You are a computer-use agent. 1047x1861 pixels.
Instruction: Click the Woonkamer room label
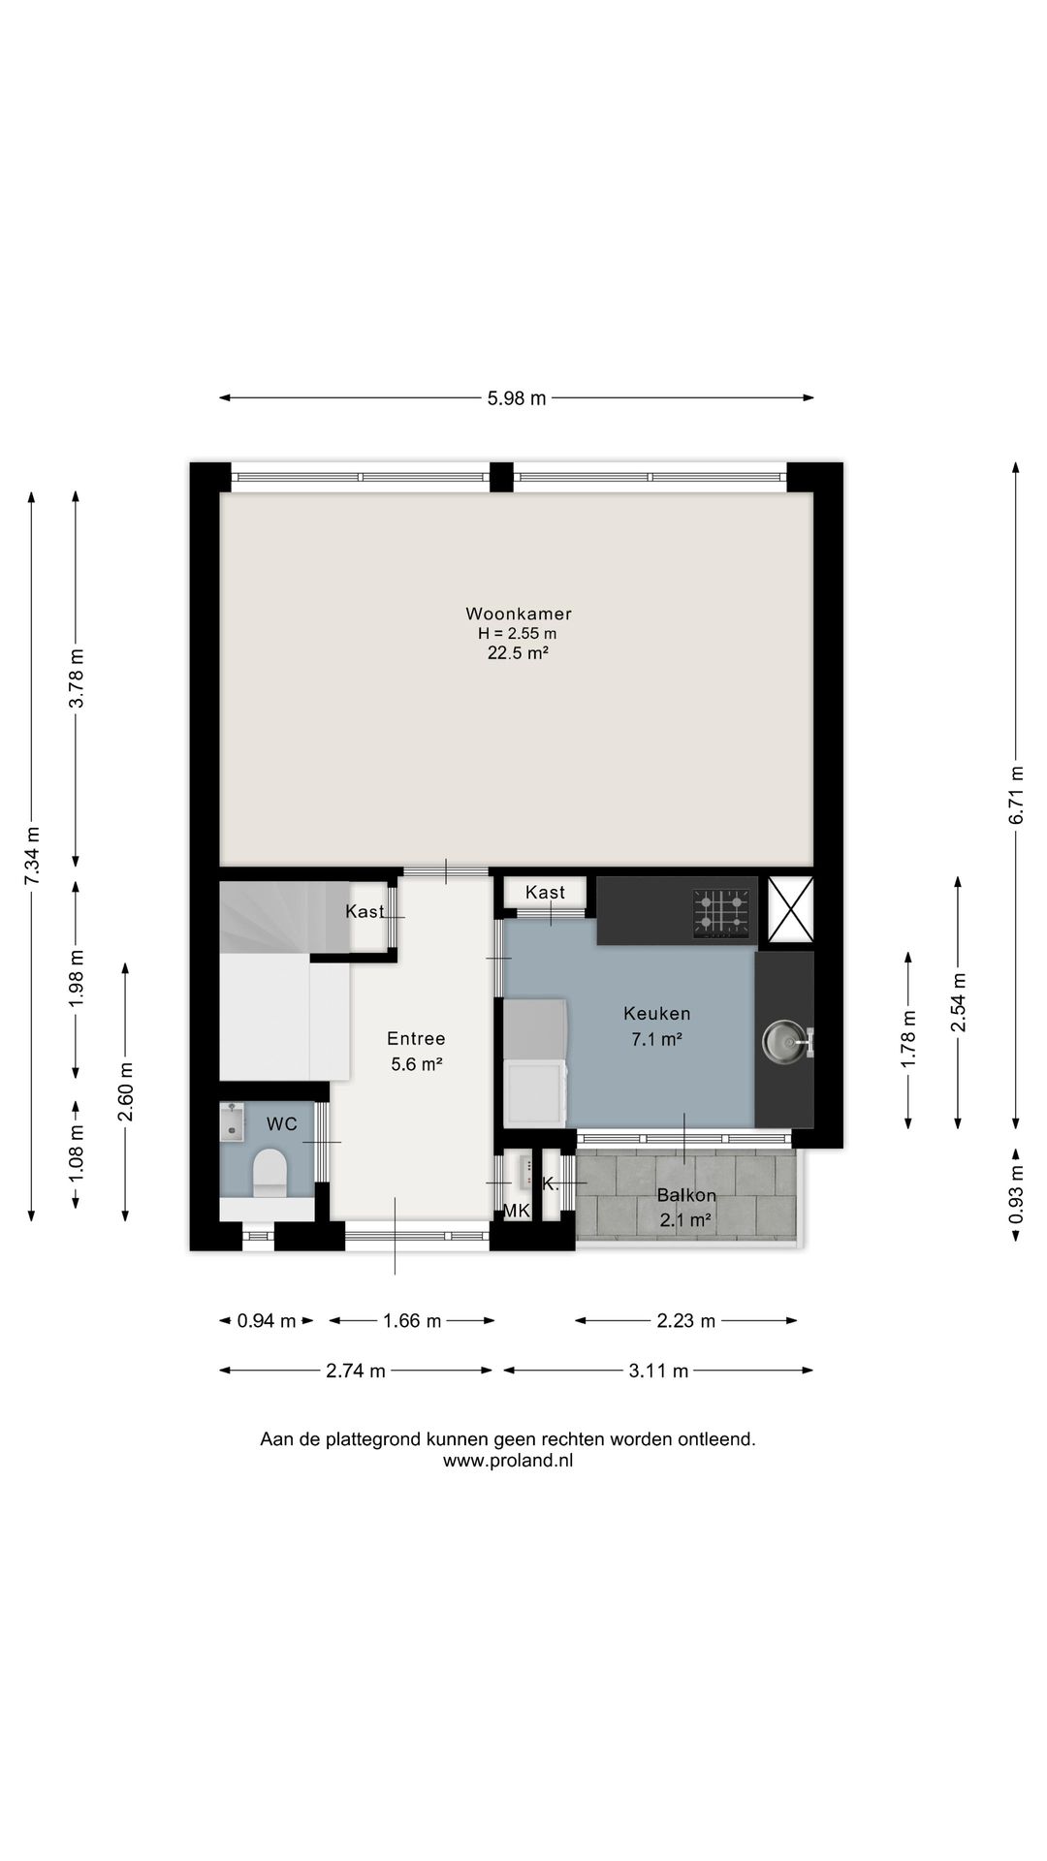(x=519, y=614)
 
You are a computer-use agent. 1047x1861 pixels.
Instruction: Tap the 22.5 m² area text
(x=519, y=653)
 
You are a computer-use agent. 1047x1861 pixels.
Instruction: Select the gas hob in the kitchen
(x=723, y=914)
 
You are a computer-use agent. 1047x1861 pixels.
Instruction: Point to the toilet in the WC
(x=270, y=1173)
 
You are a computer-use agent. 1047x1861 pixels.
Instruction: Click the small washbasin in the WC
(x=232, y=1121)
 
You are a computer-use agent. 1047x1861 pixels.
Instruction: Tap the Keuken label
(x=657, y=1014)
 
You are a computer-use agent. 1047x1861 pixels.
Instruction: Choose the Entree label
(x=417, y=1039)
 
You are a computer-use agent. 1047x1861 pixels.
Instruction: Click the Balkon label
(x=686, y=1195)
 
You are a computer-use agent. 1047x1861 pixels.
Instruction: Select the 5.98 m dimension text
(x=517, y=397)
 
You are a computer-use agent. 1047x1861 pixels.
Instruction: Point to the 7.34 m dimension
(x=32, y=855)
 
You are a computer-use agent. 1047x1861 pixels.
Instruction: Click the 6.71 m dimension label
(x=1016, y=796)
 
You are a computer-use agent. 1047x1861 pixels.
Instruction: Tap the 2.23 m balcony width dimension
(x=686, y=1320)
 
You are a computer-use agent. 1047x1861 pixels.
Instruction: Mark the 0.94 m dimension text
(x=267, y=1320)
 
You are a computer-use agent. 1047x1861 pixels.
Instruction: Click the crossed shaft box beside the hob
(x=791, y=909)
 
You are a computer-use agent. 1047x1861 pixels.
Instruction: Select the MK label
(x=517, y=1211)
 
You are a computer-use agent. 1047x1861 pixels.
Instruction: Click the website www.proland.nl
(x=508, y=1461)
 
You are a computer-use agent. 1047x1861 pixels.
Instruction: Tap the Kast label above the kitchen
(x=545, y=893)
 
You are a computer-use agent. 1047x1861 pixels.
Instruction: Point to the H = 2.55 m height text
(x=518, y=634)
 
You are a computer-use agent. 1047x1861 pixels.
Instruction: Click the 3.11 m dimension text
(x=658, y=1371)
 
